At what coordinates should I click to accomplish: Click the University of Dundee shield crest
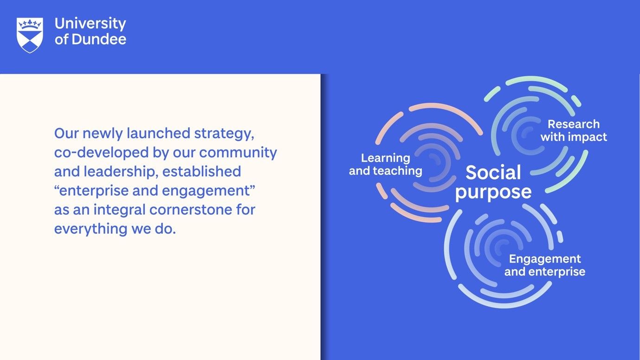pyautogui.click(x=30, y=35)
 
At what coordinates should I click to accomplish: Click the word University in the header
pyautogui.click(x=91, y=24)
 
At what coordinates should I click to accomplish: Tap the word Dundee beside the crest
pyautogui.click(x=99, y=39)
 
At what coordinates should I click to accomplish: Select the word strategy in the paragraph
pyautogui.click(x=224, y=134)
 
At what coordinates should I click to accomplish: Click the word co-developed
pyautogui.click(x=102, y=153)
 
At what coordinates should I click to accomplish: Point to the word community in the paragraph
pyautogui.click(x=238, y=153)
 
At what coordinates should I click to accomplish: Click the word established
pyautogui.click(x=202, y=171)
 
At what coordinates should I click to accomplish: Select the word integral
pyautogui.click(x=120, y=210)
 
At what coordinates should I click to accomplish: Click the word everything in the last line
pyautogui.click(x=91, y=229)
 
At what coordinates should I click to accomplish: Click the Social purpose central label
pyautogui.click(x=493, y=182)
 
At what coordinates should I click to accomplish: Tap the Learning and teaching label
pyautogui.click(x=385, y=164)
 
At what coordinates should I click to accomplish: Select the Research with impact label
pyautogui.click(x=574, y=130)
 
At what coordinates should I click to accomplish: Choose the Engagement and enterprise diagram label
pyautogui.click(x=545, y=265)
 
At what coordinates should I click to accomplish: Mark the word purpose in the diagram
pyautogui.click(x=493, y=193)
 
